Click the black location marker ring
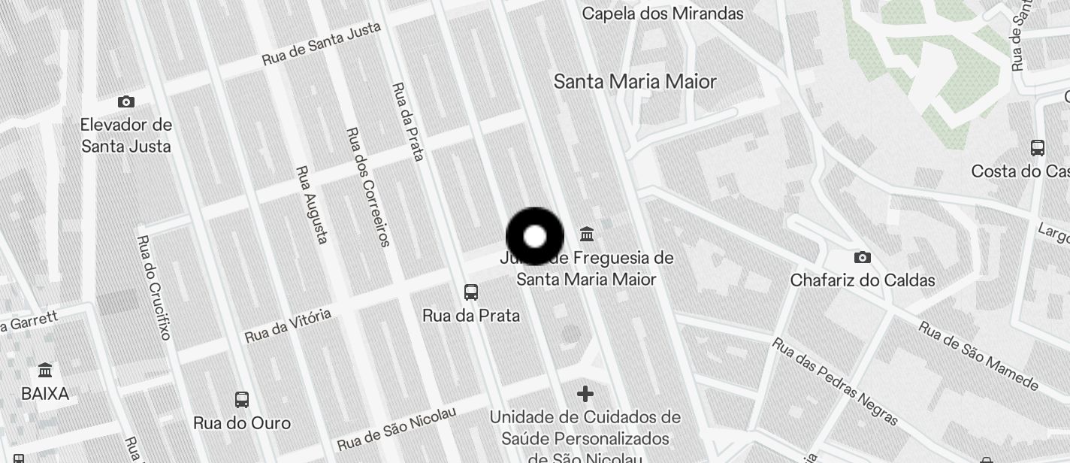(534, 237)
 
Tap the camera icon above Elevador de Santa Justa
(126, 101)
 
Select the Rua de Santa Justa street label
(322, 44)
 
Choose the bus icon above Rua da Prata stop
(471, 292)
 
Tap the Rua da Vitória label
(288, 325)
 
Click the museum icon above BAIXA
(45, 370)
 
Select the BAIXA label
(45, 393)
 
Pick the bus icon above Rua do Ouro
(242, 400)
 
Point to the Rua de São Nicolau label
(396, 429)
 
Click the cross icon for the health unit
(585, 393)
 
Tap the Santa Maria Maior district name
(635, 81)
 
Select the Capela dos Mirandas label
(662, 14)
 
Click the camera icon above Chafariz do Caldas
(863, 257)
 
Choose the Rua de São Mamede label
(978, 356)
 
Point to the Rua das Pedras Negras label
(836, 380)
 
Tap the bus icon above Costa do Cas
(1038, 147)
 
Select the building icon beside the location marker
(587, 234)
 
